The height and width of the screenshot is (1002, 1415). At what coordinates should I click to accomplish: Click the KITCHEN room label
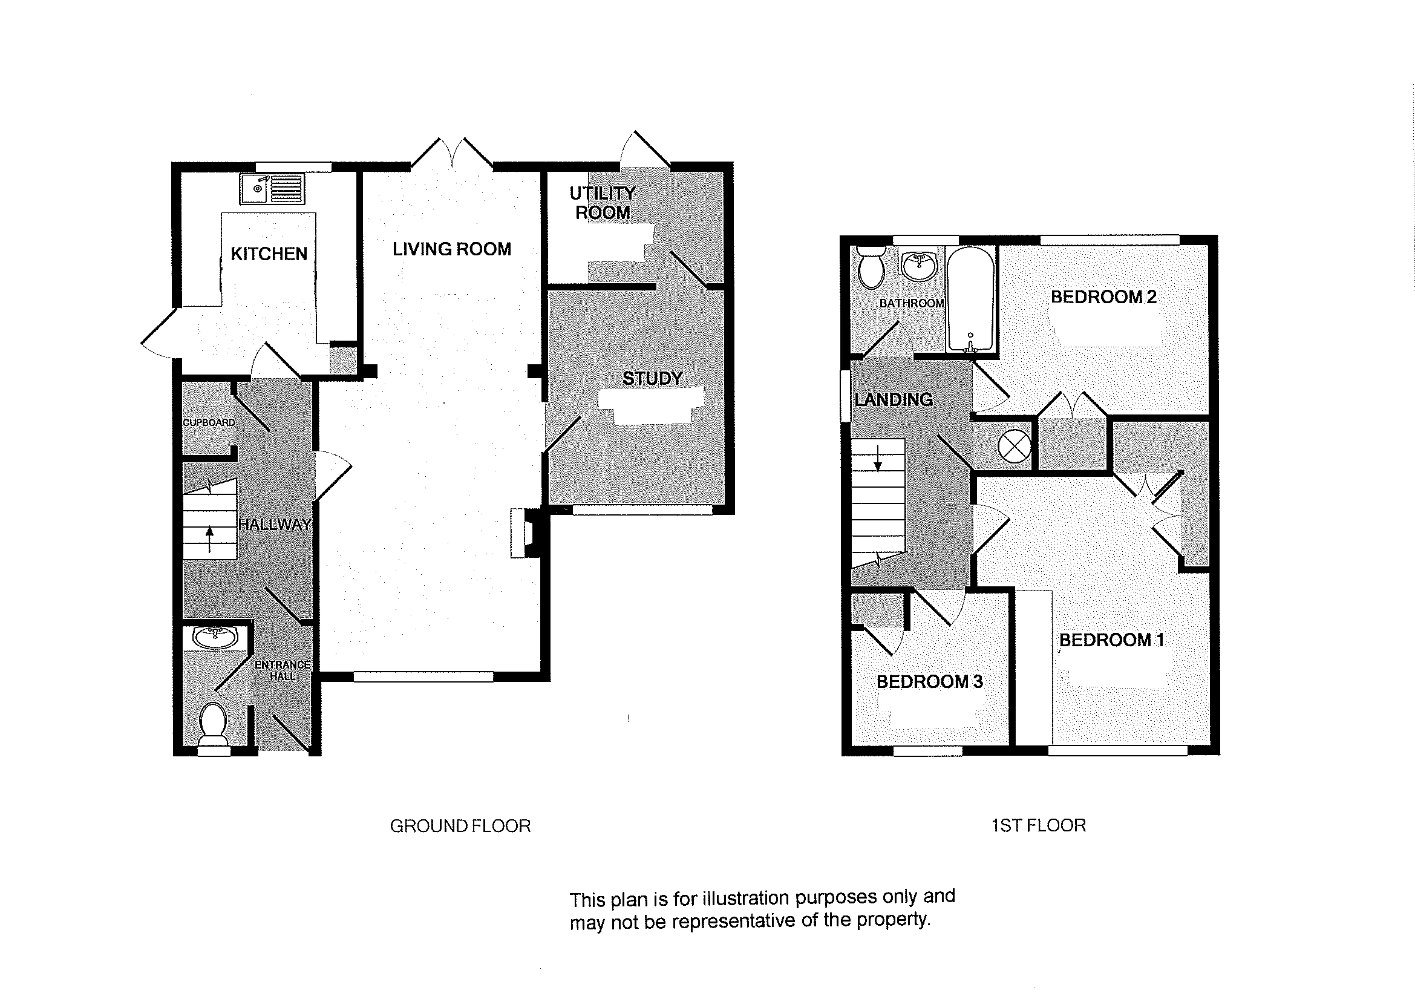coord(269,254)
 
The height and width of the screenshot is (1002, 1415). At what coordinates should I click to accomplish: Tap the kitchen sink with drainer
coord(272,188)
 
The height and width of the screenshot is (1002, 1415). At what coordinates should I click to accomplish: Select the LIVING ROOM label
coord(451,249)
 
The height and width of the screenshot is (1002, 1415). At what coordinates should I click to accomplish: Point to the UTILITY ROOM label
coord(602,203)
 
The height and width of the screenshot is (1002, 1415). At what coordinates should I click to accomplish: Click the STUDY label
coord(652,378)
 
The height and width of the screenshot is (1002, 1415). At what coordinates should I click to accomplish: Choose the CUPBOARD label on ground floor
coord(209,422)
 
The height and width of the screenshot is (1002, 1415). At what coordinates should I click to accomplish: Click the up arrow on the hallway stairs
coord(209,539)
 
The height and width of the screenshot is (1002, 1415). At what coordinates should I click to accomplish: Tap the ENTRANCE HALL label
coord(283,670)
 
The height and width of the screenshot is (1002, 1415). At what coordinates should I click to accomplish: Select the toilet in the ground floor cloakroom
coord(214,723)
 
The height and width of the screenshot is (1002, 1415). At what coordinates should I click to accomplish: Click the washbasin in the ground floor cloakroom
coord(214,636)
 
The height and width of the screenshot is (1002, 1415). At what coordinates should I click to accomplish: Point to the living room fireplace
coord(522,533)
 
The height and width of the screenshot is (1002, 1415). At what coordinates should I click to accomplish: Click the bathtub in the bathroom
coord(970,300)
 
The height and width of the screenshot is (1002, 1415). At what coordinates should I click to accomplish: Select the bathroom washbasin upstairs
coord(918,265)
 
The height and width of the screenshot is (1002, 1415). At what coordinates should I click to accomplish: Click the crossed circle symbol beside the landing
coord(1014,445)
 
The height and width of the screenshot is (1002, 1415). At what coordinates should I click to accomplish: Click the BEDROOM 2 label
coord(1103,296)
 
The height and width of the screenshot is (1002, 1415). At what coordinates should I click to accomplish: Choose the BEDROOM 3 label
coord(929,682)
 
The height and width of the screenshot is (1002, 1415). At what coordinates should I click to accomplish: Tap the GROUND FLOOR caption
coord(460,826)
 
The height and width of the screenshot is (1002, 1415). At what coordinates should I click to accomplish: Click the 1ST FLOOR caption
coord(1038,825)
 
